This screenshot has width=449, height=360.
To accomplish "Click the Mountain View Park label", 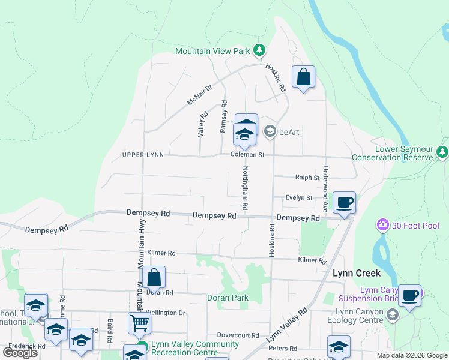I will click(212, 51).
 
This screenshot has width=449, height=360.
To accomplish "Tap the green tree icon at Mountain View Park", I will click(259, 50).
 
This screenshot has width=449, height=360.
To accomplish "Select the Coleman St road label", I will click(247, 154).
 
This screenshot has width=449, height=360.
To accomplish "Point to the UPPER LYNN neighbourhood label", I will click(142, 154).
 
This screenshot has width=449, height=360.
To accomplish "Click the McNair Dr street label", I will click(200, 95).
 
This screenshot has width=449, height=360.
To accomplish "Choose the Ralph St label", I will click(307, 177).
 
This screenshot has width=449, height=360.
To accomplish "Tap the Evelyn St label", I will click(299, 197).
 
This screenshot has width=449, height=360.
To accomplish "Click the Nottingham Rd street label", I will click(246, 188).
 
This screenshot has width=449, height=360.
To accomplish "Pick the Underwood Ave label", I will click(326, 189).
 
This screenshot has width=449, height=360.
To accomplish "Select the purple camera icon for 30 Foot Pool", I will click(382, 225).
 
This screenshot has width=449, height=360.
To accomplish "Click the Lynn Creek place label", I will click(357, 273).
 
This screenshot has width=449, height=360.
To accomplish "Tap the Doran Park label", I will click(228, 297).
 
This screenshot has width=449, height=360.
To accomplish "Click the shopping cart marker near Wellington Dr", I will click(139, 323).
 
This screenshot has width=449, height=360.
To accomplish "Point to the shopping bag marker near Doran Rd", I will click(154, 277).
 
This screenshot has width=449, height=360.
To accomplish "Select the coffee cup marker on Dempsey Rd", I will click(344, 203).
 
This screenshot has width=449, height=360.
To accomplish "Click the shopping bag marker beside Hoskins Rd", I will click(303, 77).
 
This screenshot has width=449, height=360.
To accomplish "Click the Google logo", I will click(20, 353).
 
